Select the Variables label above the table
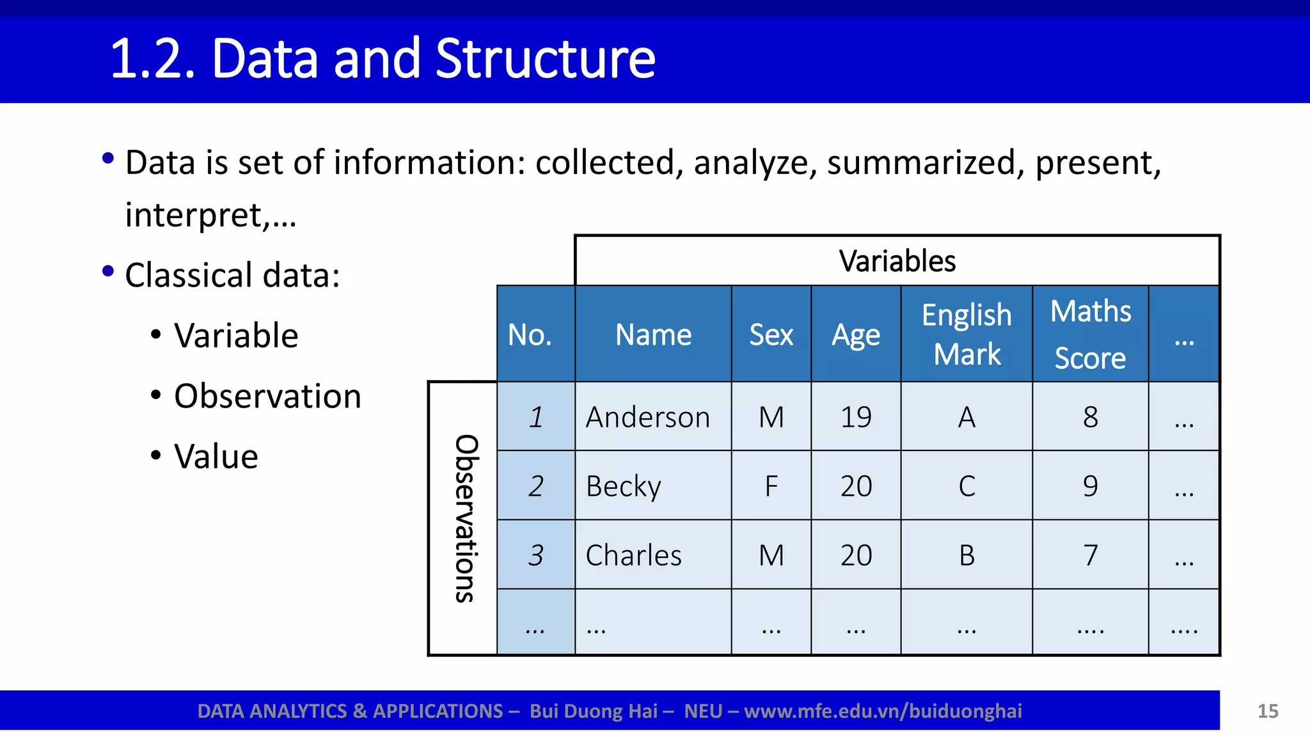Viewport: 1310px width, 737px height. (x=897, y=261)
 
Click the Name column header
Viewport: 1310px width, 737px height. (x=653, y=335)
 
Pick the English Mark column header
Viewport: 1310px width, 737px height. (x=967, y=334)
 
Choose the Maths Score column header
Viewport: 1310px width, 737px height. (x=1090, y=334)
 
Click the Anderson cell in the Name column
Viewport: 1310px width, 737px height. (x=648, y=417)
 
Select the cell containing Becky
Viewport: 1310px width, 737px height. (x=624, y=486)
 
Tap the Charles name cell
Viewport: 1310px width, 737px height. (x=633, y=555)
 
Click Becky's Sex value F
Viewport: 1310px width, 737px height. (x=771, y=486)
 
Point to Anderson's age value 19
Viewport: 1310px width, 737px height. (x=856, y=417)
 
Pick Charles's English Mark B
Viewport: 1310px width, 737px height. (x=967, y=555)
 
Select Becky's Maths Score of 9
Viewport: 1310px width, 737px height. (x=1090, y=486)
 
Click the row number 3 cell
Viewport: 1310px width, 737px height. (x=536, y=555)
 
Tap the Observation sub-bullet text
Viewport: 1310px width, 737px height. (x=267, y=396)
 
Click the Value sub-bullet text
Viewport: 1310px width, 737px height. (x=216, y=457)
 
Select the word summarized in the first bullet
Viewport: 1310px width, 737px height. (x=921, y=162)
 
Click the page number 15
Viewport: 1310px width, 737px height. (x=1267, y=711)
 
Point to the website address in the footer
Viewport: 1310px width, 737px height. (x=883, y=711)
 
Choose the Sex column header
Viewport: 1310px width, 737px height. (x=771, y=335)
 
